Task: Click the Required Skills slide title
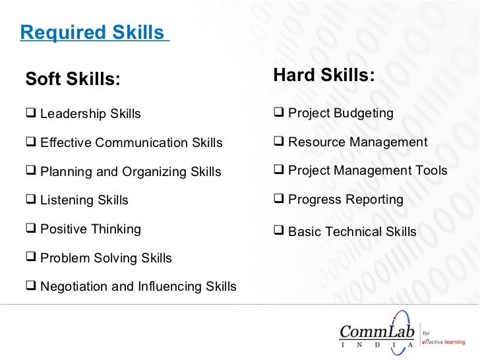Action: [92, 32]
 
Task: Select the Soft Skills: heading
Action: [73, 80]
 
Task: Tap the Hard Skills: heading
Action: [324, 76]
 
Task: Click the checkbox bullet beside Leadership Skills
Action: [30, 113]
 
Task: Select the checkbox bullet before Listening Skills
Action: [30, 200]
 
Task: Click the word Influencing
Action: [168, 287]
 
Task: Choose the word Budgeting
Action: [363, 113]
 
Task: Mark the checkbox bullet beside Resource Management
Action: [278, 142]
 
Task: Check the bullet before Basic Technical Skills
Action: [278, 231]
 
